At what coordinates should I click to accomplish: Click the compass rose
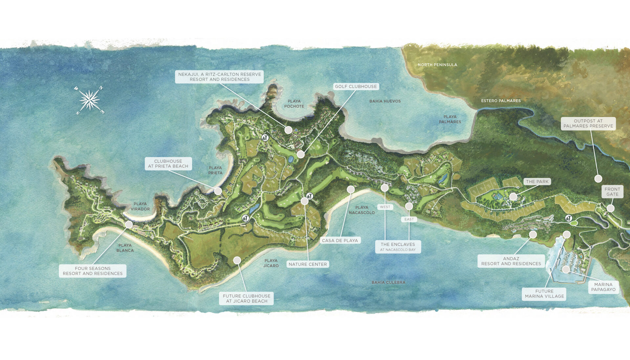[x=89, y=100]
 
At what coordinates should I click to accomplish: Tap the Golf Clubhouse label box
[x=356, y=87]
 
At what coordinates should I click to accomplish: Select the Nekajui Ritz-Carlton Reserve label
[x=220, y=77]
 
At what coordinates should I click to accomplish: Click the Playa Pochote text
[x=294, y=104]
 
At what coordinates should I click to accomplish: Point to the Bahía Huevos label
[x=385, y=101]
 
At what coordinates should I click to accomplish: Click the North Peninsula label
[x=437, y=65]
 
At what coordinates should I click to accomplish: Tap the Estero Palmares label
[x=501, y=101]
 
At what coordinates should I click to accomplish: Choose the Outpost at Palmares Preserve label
[x=588, y=123]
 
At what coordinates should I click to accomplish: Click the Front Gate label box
[x=612, y=192]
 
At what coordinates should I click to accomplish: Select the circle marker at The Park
[x=513, y=197]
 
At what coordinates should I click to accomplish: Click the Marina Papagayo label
[x=603, y=287]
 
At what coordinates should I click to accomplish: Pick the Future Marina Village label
[x=544, y=294]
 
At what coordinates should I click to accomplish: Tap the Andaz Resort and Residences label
[x=511, y=261]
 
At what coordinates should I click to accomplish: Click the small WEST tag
[x=385, y=207]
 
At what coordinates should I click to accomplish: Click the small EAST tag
[x=409, y=219]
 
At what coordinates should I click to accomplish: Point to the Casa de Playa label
[x=340, y=241]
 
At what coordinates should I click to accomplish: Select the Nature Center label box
[x=307, y=264]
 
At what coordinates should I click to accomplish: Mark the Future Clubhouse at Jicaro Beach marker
[x=237, y=261]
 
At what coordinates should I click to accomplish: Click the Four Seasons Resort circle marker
[x=129, y=224]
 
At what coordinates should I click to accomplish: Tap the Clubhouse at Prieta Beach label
[x=168, y=164]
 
